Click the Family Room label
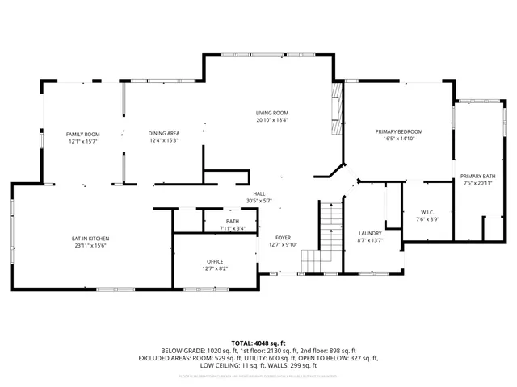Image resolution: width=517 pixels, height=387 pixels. point(82,134)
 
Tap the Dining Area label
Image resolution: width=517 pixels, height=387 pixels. point(163,134)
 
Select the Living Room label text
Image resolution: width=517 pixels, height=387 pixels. point(272,113)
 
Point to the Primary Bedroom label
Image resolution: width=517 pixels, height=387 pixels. point(398,131)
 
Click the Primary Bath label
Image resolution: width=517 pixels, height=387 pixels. point(477,176)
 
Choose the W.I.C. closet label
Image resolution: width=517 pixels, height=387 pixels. point(427,213)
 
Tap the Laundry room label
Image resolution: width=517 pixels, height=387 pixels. point(370,233)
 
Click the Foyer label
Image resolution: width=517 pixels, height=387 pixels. point(283,238)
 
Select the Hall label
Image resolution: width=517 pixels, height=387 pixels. point(259,193)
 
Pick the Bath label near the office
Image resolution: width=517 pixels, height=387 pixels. point(233,222)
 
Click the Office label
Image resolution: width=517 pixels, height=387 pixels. point(214,261)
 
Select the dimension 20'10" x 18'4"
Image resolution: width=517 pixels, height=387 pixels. point(272,120)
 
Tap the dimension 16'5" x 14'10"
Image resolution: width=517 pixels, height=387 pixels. point(398,139)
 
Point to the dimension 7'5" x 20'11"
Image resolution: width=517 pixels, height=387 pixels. point(477,183)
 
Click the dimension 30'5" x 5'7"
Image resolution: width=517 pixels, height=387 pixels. point(259,201)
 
